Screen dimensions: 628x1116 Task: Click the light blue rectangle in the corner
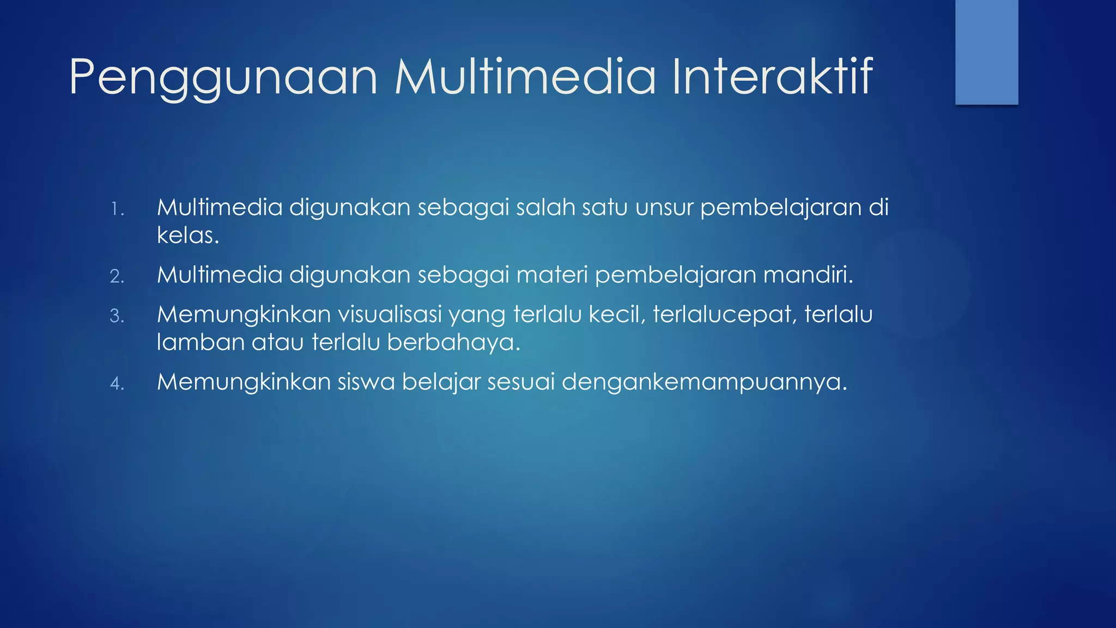click(986, 52)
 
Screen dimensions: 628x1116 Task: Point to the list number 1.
click(117, 209)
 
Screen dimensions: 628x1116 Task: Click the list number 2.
click(117, 276)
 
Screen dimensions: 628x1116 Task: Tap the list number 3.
click(117, 316)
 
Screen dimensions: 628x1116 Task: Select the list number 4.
click(117, 383)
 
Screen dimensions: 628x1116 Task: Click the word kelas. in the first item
click(188, 235)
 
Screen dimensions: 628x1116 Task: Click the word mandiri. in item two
click(808, 275)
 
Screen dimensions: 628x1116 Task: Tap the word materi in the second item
click(551, 275)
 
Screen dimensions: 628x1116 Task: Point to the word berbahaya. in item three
click(454, 342)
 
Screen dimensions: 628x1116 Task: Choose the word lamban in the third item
click(201, 342)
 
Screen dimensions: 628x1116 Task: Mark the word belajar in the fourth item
click(441, 382)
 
